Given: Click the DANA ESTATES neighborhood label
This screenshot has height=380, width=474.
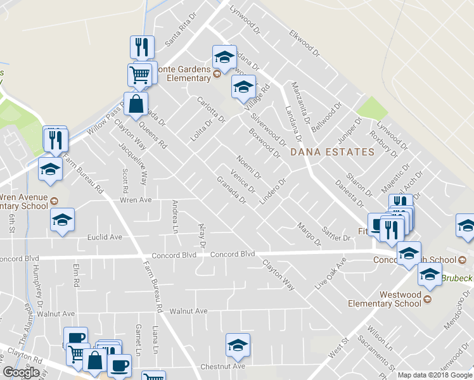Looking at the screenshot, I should [x=332, y=152].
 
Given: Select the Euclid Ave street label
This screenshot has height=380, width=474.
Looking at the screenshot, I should [x=104, y=237].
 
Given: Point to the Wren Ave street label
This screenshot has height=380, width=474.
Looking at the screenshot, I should [x=136, y=200].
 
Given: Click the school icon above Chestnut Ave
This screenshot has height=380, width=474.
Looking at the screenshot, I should [x=238, y=345].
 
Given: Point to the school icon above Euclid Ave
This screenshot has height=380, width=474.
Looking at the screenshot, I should [x=62, y=220].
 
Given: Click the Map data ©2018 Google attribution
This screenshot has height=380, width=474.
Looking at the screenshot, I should [x=435, y=375].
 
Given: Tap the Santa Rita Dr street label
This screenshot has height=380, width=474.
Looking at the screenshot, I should [x=178, y=34].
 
